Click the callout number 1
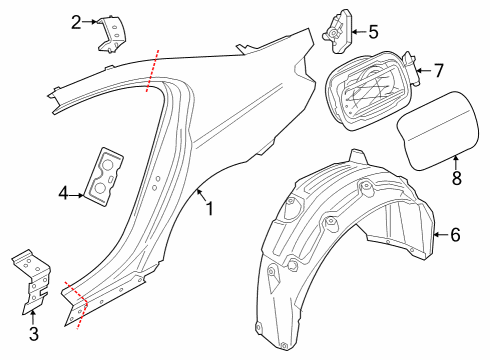[x=209, y=209]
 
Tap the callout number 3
[x=33, y=333]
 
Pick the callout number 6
[x=455, y=235]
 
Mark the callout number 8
[x=456, y=179]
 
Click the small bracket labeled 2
[x=113, y=33]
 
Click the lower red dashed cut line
[x=76, y=302]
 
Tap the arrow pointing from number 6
[x=438, y=235]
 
